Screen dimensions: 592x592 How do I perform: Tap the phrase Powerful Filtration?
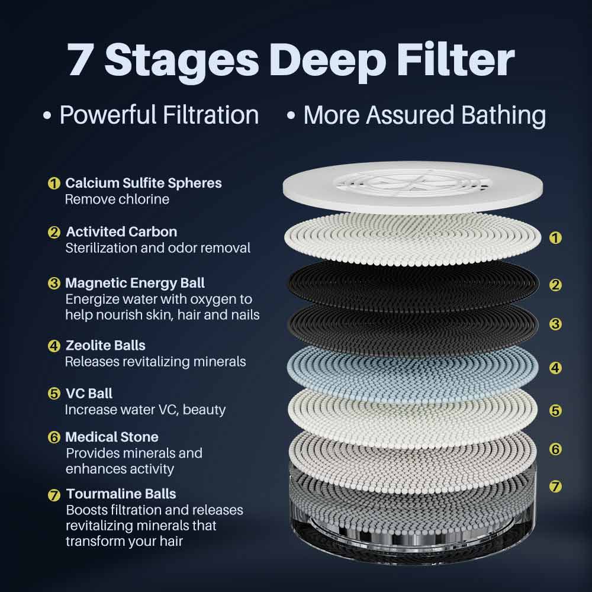pyautogui.click(x=159, y=115)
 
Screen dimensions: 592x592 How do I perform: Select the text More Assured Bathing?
pyautogui.click(x=424, y=115)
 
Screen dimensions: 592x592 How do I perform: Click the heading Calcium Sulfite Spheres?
pyautogui.click(x=143, y=183)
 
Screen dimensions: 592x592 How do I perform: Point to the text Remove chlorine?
pyautogui.click(x=117, y=199)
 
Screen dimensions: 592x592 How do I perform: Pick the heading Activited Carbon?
pyautogui.click(x=121, y=231)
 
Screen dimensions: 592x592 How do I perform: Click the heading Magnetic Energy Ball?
pyautogui.click(x=135, y=283)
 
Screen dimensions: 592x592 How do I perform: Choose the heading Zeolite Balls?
pyautogui.click(x=105, y=345)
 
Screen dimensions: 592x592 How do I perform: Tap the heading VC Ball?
pyautogui.click(x=89, y=394)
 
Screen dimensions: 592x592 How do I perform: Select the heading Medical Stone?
pyautogui.click(x=112, y=437)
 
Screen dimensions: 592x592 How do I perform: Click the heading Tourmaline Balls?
pyautogui.click(x=121, y=494)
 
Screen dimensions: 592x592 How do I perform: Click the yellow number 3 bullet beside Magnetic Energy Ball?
pyautogui.click(x=54, y=283)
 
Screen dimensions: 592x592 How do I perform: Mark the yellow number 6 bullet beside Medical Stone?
pyautogui.click(x=54, y=437)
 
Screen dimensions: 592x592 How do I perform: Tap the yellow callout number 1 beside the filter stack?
pyautogui.click(x=555, y=238)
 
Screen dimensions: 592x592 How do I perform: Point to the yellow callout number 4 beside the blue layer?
pyautogui.click(x=555, y=368)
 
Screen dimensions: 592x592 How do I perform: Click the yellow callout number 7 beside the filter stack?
pyautogui.click(x=555, y=486)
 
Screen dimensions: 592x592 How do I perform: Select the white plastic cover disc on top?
pyautogui.click(x=413, y=187)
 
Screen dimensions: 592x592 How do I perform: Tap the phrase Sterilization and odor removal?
pyautogui.click(x=158, y=248)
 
